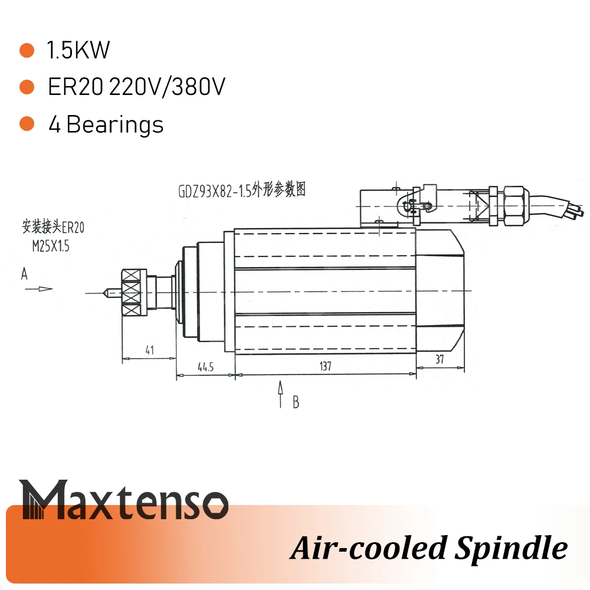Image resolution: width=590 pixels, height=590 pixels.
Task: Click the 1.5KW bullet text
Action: coord(78,51)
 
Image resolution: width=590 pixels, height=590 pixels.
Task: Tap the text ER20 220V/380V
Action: coord(136,88)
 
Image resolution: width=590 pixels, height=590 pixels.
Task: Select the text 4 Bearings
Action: coord(106,124)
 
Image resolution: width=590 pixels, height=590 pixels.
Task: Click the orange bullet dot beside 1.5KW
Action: coord(27,51)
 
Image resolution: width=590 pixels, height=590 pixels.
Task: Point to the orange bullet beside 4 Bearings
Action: coord(27,124)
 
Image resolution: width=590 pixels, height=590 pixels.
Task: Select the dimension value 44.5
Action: coord(205,367)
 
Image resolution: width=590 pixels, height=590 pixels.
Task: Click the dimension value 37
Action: coord(440,359)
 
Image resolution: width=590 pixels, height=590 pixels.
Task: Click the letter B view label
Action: coord(296,402)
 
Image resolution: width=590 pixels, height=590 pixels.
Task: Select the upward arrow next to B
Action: coord(281,394)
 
